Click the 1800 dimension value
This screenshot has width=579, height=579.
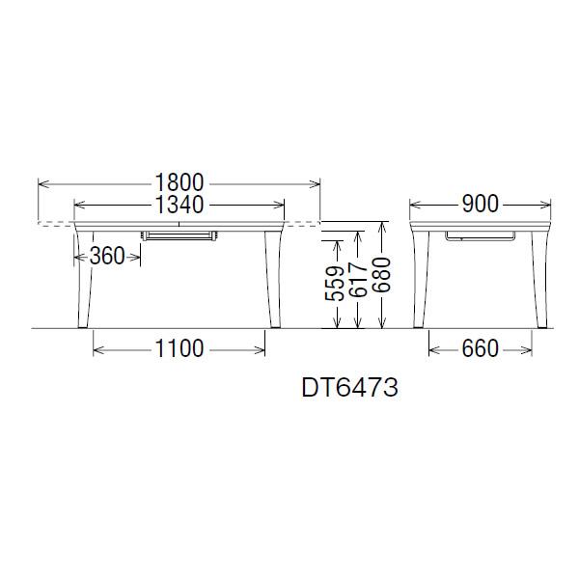click(x=178, y=181)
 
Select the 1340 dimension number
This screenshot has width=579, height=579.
click(x=178, y=205)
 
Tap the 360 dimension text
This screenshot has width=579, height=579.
click(x=108, y=256)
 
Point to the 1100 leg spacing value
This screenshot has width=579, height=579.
click(x=179, y=348)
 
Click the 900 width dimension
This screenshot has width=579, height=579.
click(x=480, y=205)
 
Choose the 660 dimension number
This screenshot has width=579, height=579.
click(x=480, y=348)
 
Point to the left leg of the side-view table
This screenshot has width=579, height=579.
click(x=421, y=280)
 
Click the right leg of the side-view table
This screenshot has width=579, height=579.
click(x=539, y=280)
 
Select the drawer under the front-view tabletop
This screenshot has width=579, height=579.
click(x=179, y=234)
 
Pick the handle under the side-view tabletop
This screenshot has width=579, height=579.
click(x=481, y=234)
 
